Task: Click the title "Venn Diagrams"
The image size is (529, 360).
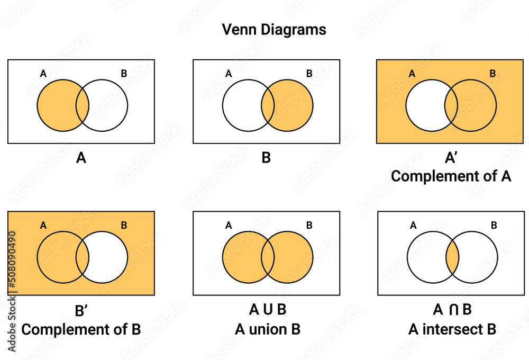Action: [x=273, y=30]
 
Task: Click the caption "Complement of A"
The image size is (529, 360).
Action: [x=451, y=176]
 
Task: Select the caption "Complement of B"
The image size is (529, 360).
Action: [x=81, y=329]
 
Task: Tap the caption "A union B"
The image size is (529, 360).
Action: [x=268, y=329]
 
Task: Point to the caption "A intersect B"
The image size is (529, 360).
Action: [x=452, y=329]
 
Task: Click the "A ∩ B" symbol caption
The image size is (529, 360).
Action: [x=452, y=310]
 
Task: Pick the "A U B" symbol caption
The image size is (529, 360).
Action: [x=268, y=310]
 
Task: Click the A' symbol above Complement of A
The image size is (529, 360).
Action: [x=451, y=157]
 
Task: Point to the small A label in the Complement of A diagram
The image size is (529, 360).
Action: [x=412, y=74]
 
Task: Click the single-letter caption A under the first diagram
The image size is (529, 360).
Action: [x=81, y=157]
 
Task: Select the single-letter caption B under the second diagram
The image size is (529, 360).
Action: [x=266, y=157]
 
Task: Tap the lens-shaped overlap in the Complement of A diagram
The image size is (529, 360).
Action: [x=451, y=106]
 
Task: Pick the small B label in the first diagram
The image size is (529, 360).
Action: [x=124, y=74]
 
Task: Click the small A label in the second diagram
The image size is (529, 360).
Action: [x=229, y=74]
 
